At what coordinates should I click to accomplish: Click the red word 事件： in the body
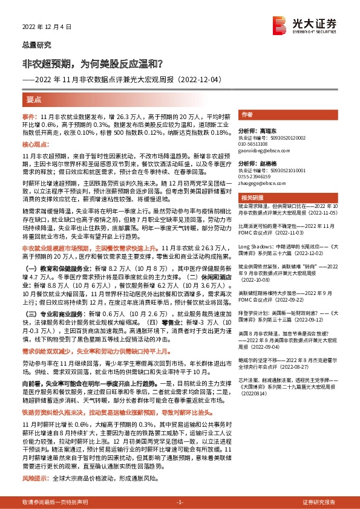tap(30, 115)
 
